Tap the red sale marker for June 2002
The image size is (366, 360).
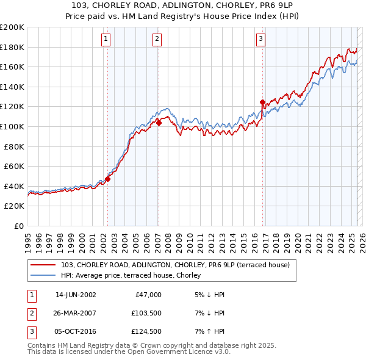pos(108,179)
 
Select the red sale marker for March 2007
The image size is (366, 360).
pos(159,123)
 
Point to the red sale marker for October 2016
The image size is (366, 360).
pos(262,102)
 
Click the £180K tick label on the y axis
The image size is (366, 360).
pos(12,47)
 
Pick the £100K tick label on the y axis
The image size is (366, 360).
pos(12,126)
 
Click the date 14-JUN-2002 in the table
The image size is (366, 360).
pos(76,295)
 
